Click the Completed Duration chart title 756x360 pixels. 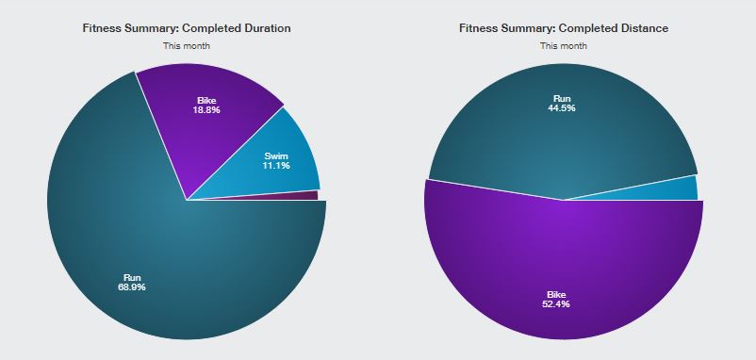tap(187, 28)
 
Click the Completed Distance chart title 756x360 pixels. tap(564, 28)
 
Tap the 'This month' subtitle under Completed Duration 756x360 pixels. tap(187, 46)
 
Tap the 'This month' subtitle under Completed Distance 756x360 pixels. tap(564, 46)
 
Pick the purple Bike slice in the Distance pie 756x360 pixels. tap(564, 270)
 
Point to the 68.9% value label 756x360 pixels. tap(132, 287)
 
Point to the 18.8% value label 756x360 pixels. tap(206, 110)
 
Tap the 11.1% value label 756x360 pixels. tap(276, 165)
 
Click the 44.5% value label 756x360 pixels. tap(562, 108)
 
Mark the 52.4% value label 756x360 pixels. tap(556, 304)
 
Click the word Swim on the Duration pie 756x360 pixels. tap(276, 156)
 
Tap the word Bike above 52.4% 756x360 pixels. tap(556, 294)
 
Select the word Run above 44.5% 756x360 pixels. tap(562, 99)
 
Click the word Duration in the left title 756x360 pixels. tap(269, 28)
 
